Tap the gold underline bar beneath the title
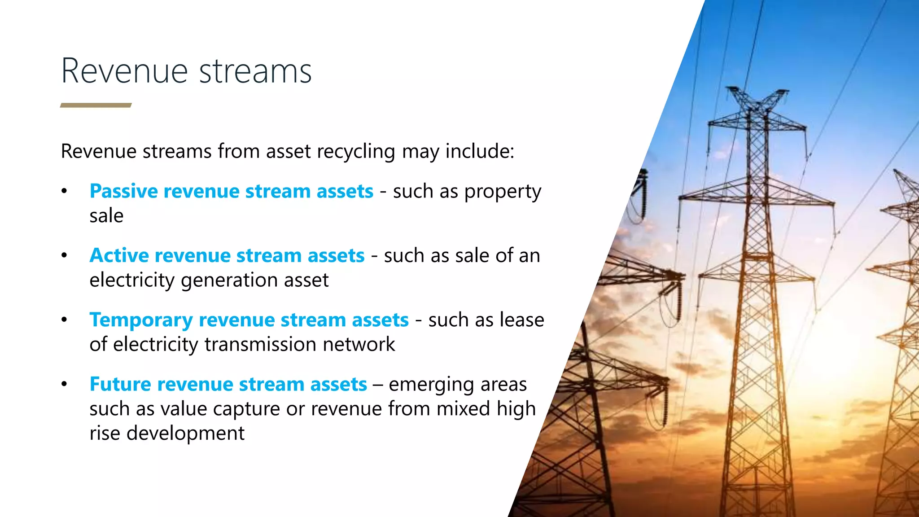point(96,105)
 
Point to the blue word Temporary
point(140,320)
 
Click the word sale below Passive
point(106,216)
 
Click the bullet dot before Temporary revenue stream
point(64,320)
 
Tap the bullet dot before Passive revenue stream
point(64,192)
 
